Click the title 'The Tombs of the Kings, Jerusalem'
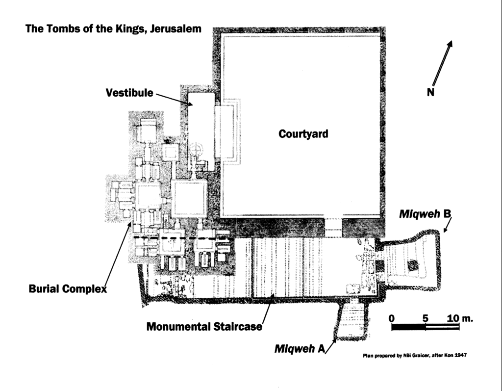pos(113,28)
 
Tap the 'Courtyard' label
pos(303,133)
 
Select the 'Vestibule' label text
pos(129,92)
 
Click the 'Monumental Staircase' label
pos(204,326)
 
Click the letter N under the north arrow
pos(430,92)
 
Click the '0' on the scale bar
pos(391,318)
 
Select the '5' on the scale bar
pos(426,318)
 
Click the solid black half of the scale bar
pos(408,327)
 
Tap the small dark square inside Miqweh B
pos(413,265)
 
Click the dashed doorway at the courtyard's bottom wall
pos(335,225)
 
